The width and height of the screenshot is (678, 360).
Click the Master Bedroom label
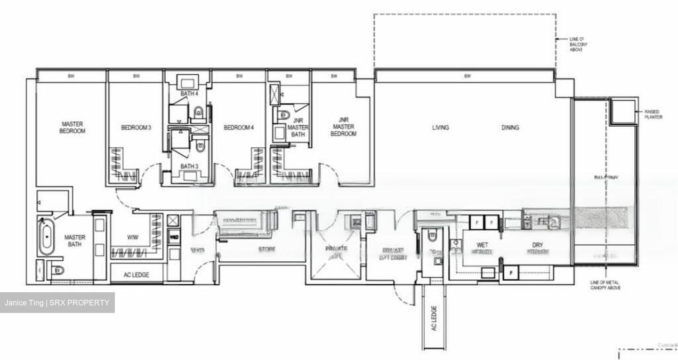point(72,128)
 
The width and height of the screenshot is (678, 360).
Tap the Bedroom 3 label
point(136,128)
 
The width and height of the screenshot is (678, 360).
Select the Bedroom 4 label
point(239,128)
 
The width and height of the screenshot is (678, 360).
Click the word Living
point(440,128)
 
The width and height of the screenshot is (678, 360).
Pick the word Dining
point(510,128)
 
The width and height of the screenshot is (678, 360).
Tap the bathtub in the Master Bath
point(46,236)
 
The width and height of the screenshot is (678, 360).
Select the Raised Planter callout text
point(653,114)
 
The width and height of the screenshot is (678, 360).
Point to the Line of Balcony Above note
point(578,44)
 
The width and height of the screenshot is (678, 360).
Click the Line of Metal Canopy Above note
point(605,285)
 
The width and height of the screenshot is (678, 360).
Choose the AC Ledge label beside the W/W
point(137,274)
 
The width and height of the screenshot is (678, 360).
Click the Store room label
point(266,249)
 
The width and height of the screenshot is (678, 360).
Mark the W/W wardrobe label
point(132,237)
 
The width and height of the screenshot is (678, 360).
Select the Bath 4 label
point(189,94)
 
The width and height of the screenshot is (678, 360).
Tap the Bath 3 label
point(188,166)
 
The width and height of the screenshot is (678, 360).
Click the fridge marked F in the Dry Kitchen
point(510,272)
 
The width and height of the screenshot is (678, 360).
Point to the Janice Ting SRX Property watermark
point(57,303)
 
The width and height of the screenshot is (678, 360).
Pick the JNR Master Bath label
point(298,127)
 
